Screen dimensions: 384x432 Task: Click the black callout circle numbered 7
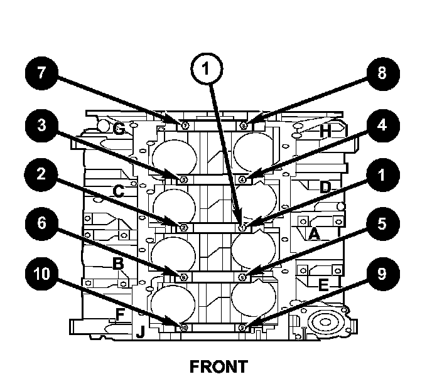(42, 72)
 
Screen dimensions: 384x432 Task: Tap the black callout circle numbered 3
(42, 124)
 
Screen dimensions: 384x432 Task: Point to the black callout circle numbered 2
(42, 176)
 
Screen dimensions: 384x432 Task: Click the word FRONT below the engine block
(219, 366)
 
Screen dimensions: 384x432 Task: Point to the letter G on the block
(119, 129)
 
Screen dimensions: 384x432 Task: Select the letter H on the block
(325, 132)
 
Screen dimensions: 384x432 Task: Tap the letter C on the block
(118, 190)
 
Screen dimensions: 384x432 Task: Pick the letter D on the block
(325, 187)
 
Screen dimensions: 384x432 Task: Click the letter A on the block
(313, 234)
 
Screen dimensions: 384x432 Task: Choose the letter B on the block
(117, 264)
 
